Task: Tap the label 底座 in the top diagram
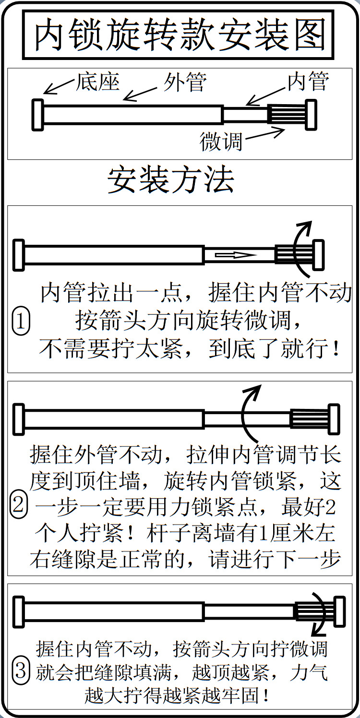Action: pyautogui.click(x=97, y=82)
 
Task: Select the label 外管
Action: pyautogui.click(x=185, y=82)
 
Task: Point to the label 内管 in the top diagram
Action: pyautogui.click(x=308, y=82)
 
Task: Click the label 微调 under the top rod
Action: pyautogui.click(x=221, y=142)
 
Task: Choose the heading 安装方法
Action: pyautogui.click(x=171, y=180)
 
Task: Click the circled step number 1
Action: pyautogui.click(x=21, y=322)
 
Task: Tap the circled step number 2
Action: pyautogui.click(x=19, y=505)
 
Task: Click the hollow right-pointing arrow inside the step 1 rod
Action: pyautogui.click(x=232, y=255)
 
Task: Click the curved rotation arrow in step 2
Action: pyautogui.click(x=250, y=413)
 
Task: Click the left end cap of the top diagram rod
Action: pyautogui.click(x=37, y=115)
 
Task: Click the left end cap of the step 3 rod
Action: pyautogui.click(x=18, y=611)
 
